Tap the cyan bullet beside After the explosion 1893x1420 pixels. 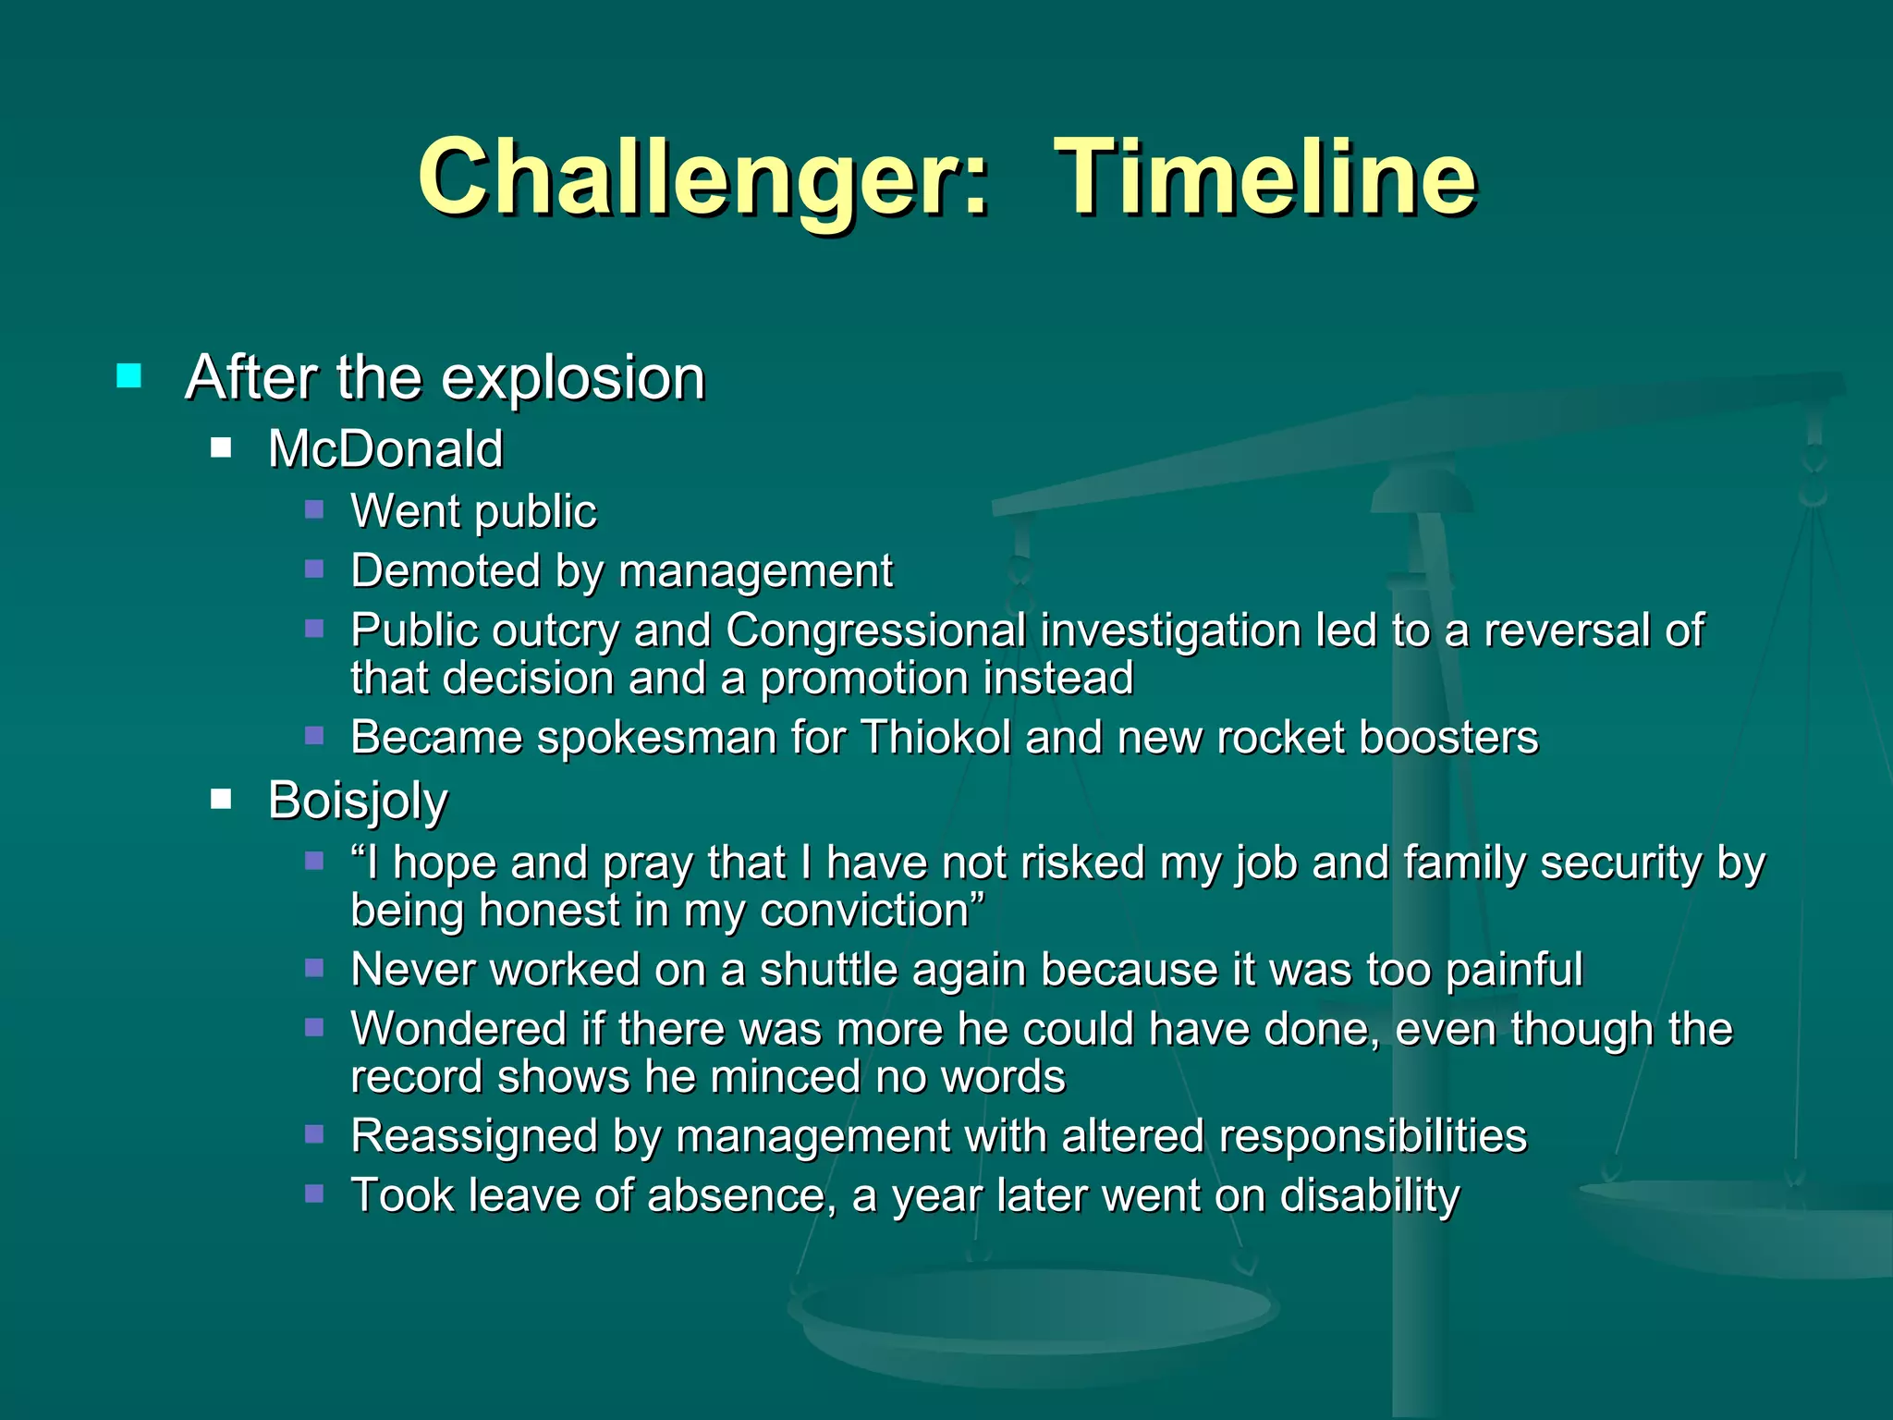coord(129,376)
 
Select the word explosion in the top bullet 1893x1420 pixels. coord(573,379)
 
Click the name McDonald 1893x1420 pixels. coord(385,449)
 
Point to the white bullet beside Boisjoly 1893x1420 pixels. coord(221,799)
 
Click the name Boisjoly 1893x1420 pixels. coord(358,801)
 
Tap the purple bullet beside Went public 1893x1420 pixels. coord(314,509)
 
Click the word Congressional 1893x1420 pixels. coord(875,631)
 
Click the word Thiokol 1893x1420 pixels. coord(935,739)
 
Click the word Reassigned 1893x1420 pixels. coord(474,1137)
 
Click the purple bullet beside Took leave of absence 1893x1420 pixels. coord(314,1194)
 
